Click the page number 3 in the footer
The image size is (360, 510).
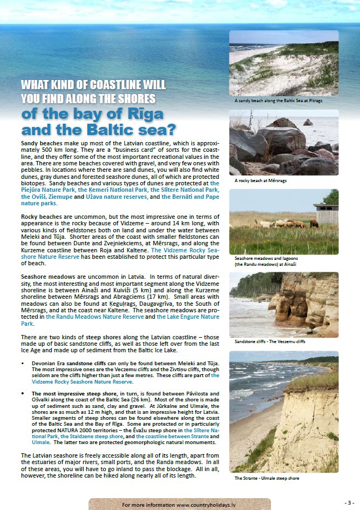point(349,502)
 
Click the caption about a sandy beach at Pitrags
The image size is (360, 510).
point(278,100)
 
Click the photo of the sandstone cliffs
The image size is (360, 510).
point(284,304)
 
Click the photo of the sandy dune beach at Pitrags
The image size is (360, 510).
point(284,63)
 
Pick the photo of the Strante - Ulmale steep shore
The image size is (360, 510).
point(284,412)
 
